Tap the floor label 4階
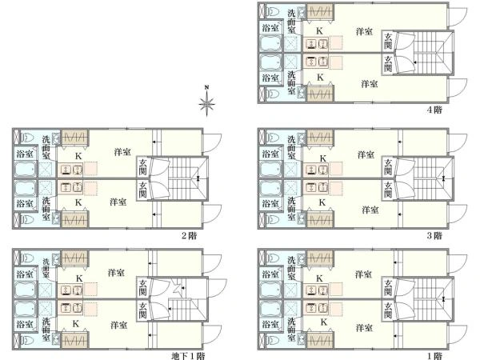(434, 110)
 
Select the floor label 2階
(189, 236)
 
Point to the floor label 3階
(434, 236)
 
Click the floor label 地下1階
(188, 356)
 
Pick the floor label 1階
(434, 356)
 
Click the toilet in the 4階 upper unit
(273, 12)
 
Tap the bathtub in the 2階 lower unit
(26, 188)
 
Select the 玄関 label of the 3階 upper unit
(388, 167)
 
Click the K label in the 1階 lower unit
(323, 322)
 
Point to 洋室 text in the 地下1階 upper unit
(116, 273)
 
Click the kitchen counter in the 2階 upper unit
(72, 170)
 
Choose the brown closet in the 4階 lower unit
(320, 94)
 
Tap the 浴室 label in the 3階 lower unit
(270, 203)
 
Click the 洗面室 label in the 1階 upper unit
(291, 268)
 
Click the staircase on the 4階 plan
(434, 52)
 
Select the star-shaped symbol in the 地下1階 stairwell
(178, 287)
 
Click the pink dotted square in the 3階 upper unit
(336, 168)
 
